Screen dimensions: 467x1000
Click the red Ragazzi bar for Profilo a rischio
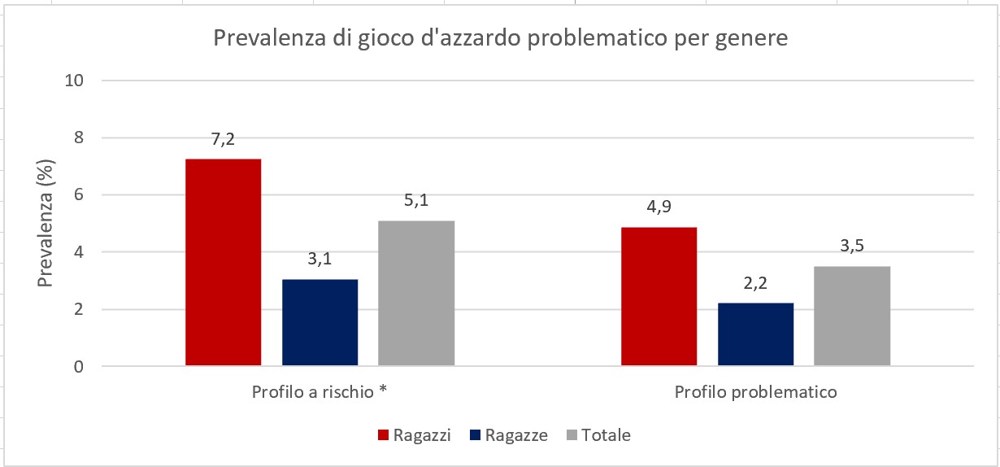tap(223, 262)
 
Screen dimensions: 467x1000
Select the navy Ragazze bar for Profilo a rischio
tap(320, 322)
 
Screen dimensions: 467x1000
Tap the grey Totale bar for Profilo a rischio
tap(416, 293)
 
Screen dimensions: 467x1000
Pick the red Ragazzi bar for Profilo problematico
tap(659, 296)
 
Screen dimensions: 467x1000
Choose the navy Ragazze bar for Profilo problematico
tap(755, 334)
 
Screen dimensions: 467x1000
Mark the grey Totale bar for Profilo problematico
tap(851, 316)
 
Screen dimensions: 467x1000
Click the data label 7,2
tap(223, 139)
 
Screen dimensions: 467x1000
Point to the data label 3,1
tap(320, 260)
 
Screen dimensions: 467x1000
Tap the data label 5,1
tap(416, 201)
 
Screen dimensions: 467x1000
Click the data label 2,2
tap(755, 283)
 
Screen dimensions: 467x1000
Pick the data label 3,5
tap(851, 247)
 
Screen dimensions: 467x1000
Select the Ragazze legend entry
tap(508, 435)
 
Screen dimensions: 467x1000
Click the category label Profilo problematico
tap(755, 392)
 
